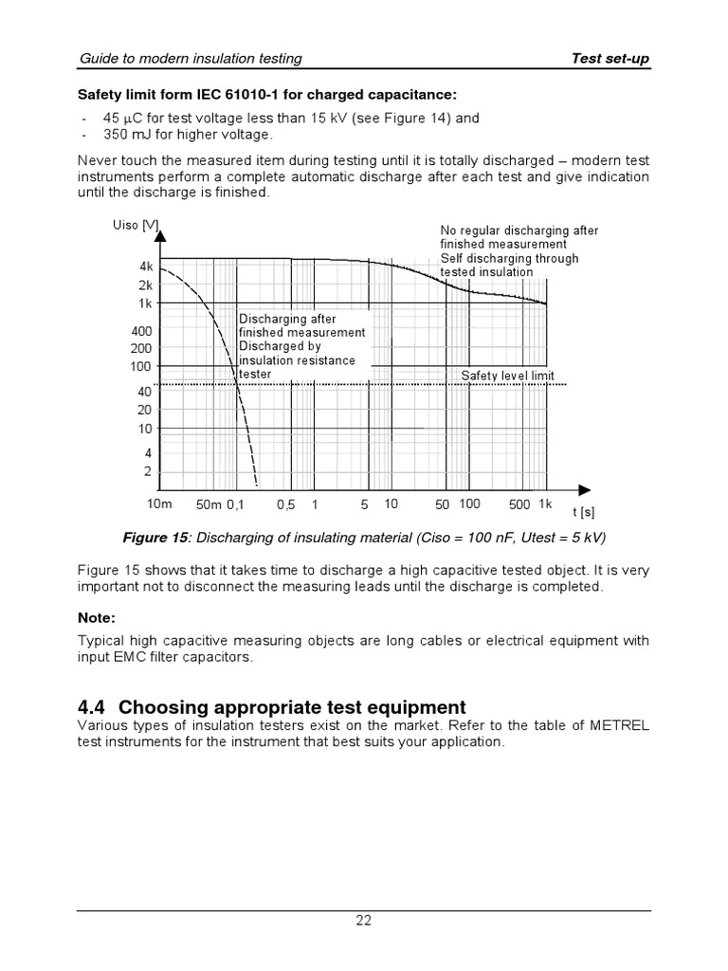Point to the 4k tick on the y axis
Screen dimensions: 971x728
[x=146, y=267]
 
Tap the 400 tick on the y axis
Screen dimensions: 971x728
[x=142, y=332]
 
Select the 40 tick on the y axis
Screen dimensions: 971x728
[x=145, y=391]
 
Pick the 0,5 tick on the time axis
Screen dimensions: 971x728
[x=286, y=505]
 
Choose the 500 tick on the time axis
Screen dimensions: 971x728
[x=519, y=504]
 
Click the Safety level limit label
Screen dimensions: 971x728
[x=507, y=376]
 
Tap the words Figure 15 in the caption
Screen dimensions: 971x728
[x=156, y=538]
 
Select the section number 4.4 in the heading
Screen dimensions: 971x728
[x=94, y=707]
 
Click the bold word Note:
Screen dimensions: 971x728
[x=96, y=617]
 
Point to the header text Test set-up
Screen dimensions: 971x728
[x=610, y=59]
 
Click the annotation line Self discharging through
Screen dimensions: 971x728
[x=509, y=258]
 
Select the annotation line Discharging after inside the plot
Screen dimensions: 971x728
[x=287, y=319]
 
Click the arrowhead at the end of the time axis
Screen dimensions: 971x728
[x=585, y=489]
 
